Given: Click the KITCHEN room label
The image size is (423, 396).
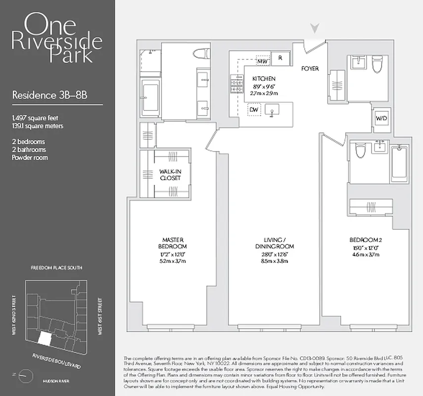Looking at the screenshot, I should pyautogui.click(x=264, y=79).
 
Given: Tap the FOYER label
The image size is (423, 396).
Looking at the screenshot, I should pyautogui.click(x=310, y=68).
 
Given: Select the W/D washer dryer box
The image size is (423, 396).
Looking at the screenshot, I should pyautogui.click(x=381, y=118).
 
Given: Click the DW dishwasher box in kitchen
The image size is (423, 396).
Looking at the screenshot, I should pyautogui.click(x=253, y=109).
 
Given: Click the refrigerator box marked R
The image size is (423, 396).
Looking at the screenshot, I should pyautogui.click(x=280, y=58).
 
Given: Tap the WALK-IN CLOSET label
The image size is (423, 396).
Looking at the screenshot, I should pyautogui.click(x=170, y=175).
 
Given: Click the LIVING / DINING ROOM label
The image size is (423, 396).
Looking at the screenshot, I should pyautogui.click(x=275, y=243).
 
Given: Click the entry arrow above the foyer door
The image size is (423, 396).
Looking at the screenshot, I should pyautogui.click(x=313, y=29).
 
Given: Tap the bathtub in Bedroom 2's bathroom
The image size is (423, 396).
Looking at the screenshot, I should pyautogui.click(x=399, y=163).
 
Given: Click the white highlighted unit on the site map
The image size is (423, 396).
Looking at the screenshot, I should pyautogui.click(x=45, y=339).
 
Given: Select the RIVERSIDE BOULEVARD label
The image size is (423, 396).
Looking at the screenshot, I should pyautogui.click(x=56, y=361).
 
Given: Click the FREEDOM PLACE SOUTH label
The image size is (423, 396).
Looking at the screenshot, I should pyautogui.click(x=56, y=268).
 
